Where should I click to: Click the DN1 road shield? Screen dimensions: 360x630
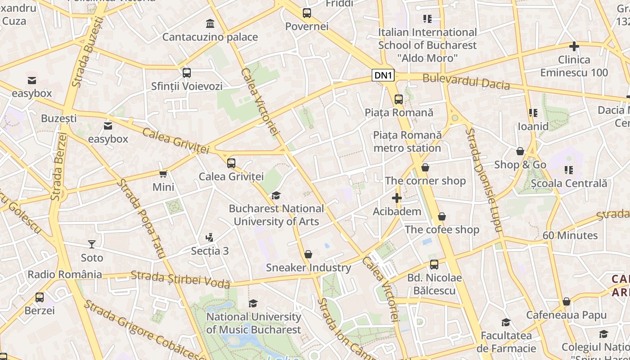pyautogui.click(x=383, y=76)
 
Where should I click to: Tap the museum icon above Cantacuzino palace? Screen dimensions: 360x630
pyautogui.click(x=210, y=23)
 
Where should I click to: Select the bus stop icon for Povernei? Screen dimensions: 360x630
pyautogui.click(x=307, y=13)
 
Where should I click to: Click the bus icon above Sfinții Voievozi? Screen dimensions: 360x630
pyautogui.click(x=186, y=72)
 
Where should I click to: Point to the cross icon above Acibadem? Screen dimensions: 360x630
pyautogui.click(x=396, y=198)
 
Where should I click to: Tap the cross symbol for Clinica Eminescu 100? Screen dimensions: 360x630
pyautogui.click(x=574, y=46)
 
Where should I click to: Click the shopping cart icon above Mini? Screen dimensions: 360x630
pyautogui.click(x=163, y=174)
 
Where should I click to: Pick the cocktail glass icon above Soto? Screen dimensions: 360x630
pyautogui.click(x=92, y=244)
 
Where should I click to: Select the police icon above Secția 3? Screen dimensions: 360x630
pyautogui.click(x=209, y=237)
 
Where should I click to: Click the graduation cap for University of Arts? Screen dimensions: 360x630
pyautogui.click(x=275, y=195)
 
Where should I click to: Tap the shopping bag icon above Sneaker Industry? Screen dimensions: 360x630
pyautogui.click(x=308, y=254)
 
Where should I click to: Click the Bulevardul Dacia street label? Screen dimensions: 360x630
pyautogui.click(x=466, y=81)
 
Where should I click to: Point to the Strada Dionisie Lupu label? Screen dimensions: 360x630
pyautogui.click(x=483, y=180)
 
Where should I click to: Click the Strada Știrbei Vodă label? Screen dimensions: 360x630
pyautogui.click(x=180, y=279)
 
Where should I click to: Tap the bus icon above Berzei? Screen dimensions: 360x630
pyautogui.click(x=40, y=297)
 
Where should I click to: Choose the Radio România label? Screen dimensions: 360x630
pyautogui.click(x=65, y=274)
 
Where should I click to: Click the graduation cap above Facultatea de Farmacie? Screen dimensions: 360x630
pyautogui.click(x=506, y=322)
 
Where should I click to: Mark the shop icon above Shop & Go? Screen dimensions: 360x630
pyautogui.click(x=520, y=151)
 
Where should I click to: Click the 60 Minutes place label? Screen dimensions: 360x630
pyautogui.click(x=570, y=235)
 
